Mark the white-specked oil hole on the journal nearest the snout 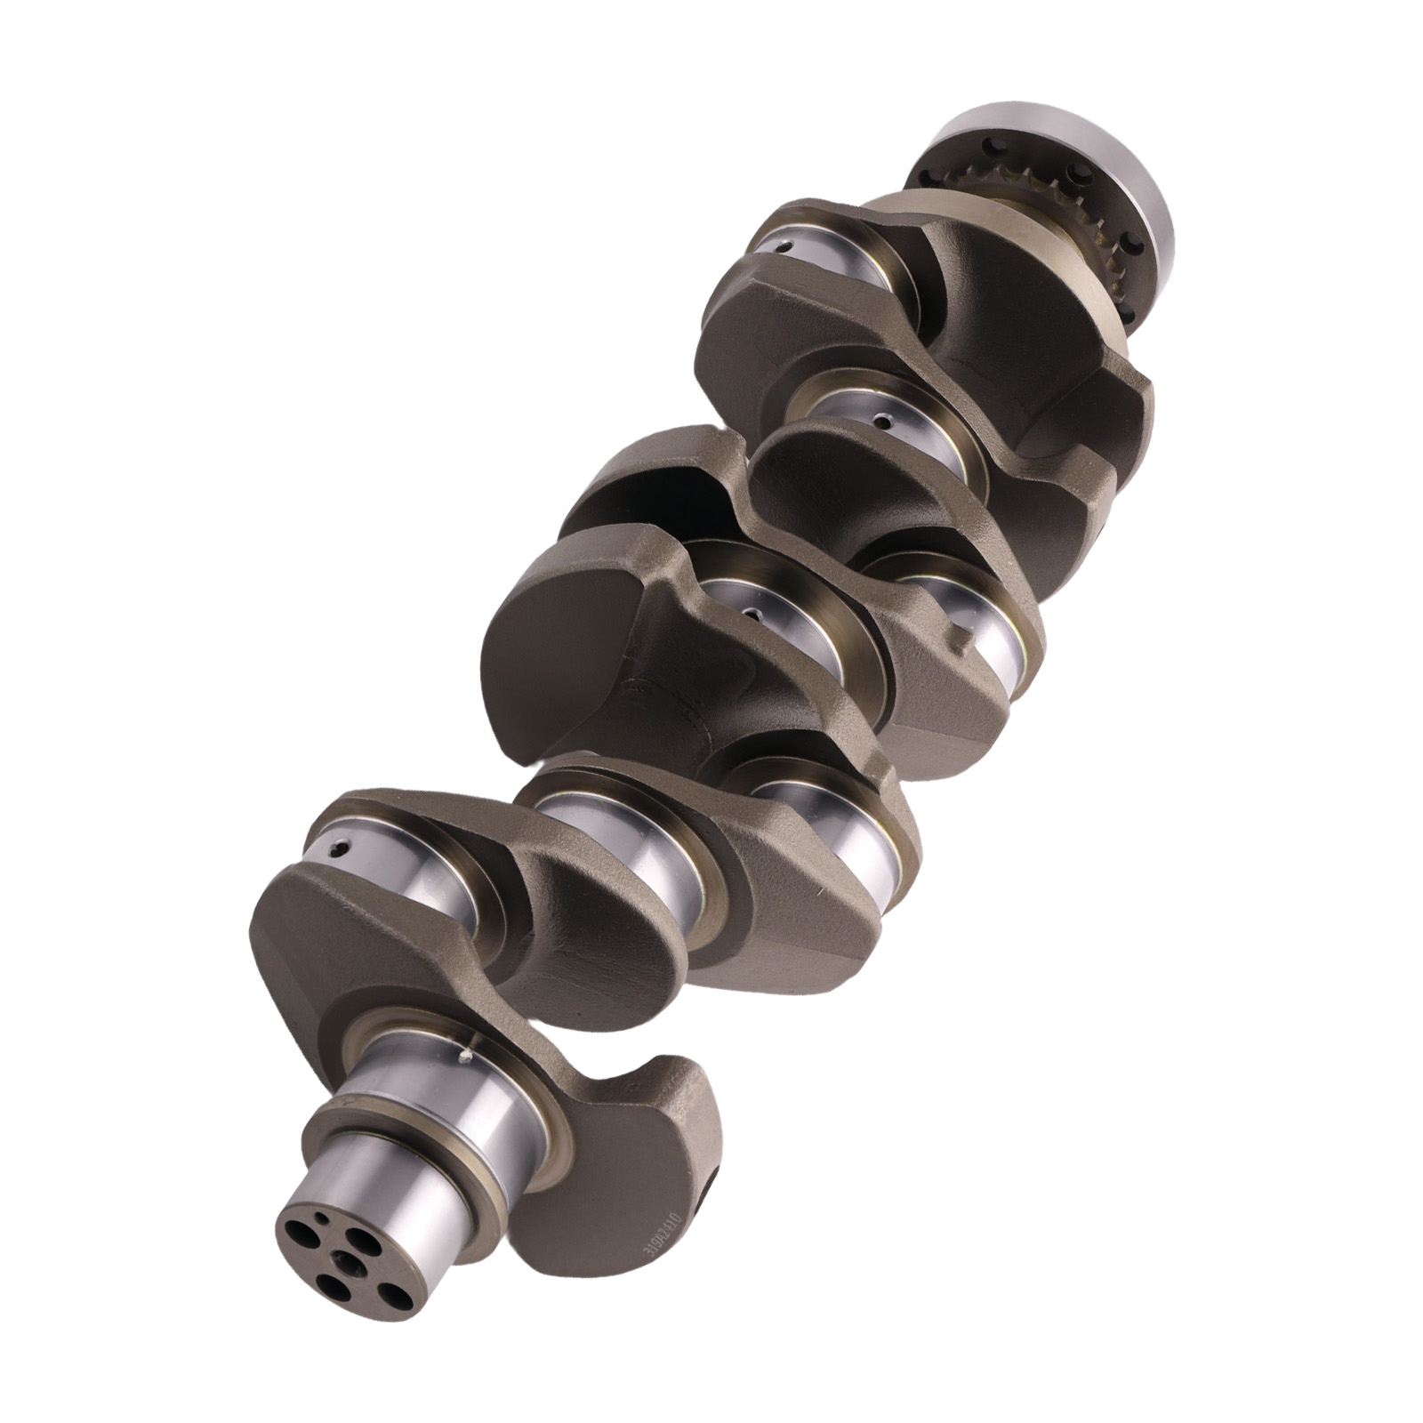click(x=465, y=1057)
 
